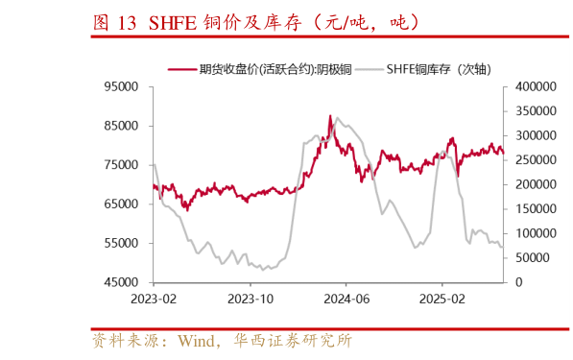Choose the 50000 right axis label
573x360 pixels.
533,258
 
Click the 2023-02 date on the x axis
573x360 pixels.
154,299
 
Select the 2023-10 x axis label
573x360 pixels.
250,299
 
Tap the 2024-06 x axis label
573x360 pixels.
346,299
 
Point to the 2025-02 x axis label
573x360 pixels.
442,299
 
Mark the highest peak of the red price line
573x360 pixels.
330,116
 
